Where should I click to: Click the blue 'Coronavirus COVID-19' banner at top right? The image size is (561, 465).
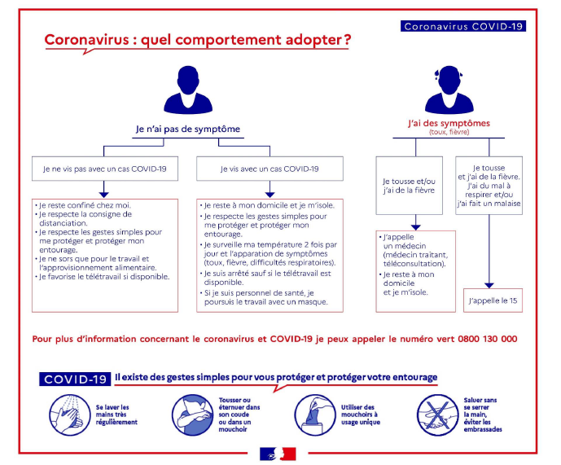463,26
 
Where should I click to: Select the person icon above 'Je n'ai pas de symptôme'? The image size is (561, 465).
188,90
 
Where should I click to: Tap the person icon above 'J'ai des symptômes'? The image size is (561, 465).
449,90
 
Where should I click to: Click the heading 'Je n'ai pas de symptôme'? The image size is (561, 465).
188,129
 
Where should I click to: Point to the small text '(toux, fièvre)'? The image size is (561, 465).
449,132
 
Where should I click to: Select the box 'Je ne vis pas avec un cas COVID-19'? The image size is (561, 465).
105,169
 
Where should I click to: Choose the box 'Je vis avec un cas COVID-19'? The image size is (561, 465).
270,169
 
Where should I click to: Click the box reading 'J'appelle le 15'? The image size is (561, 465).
493,300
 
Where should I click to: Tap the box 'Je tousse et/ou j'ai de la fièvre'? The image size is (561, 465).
409,186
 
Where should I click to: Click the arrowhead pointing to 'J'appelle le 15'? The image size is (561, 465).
489,285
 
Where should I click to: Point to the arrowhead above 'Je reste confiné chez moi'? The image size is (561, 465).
103,195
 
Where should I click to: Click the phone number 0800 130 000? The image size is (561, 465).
487,339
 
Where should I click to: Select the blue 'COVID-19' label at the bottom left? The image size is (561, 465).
75,379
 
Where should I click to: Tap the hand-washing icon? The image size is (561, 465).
69,415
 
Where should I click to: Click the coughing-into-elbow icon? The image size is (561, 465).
192,415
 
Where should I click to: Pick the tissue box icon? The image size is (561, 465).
315,415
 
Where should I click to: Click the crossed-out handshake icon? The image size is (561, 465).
438,415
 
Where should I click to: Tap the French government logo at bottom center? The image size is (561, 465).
278,454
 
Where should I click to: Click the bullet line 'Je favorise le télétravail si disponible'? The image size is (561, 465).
103,277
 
